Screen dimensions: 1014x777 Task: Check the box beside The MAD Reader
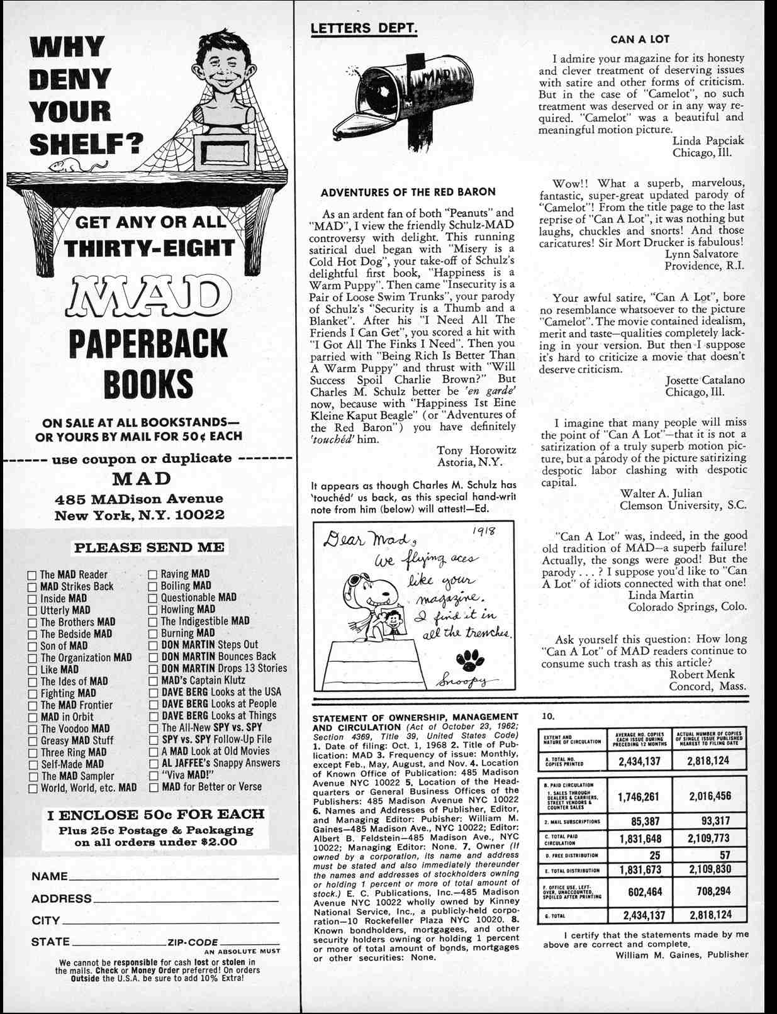click(33, 575)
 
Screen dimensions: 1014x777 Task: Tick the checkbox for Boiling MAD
click(153, 586)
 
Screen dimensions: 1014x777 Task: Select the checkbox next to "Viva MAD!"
click(153, 776)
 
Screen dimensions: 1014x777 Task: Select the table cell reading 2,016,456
click(710, 796)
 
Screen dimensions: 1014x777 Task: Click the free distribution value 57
click(725, 855)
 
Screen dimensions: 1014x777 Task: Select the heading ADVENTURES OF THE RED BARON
click(408, 192)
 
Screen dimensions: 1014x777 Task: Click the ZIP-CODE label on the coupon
click(193, 942)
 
